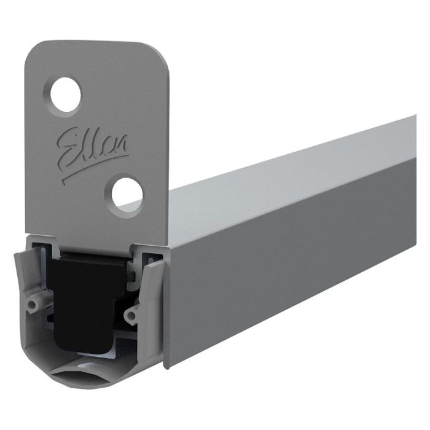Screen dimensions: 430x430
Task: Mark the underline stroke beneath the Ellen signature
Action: pos(92,167)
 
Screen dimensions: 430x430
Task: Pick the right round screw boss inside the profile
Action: pos(130,316)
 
